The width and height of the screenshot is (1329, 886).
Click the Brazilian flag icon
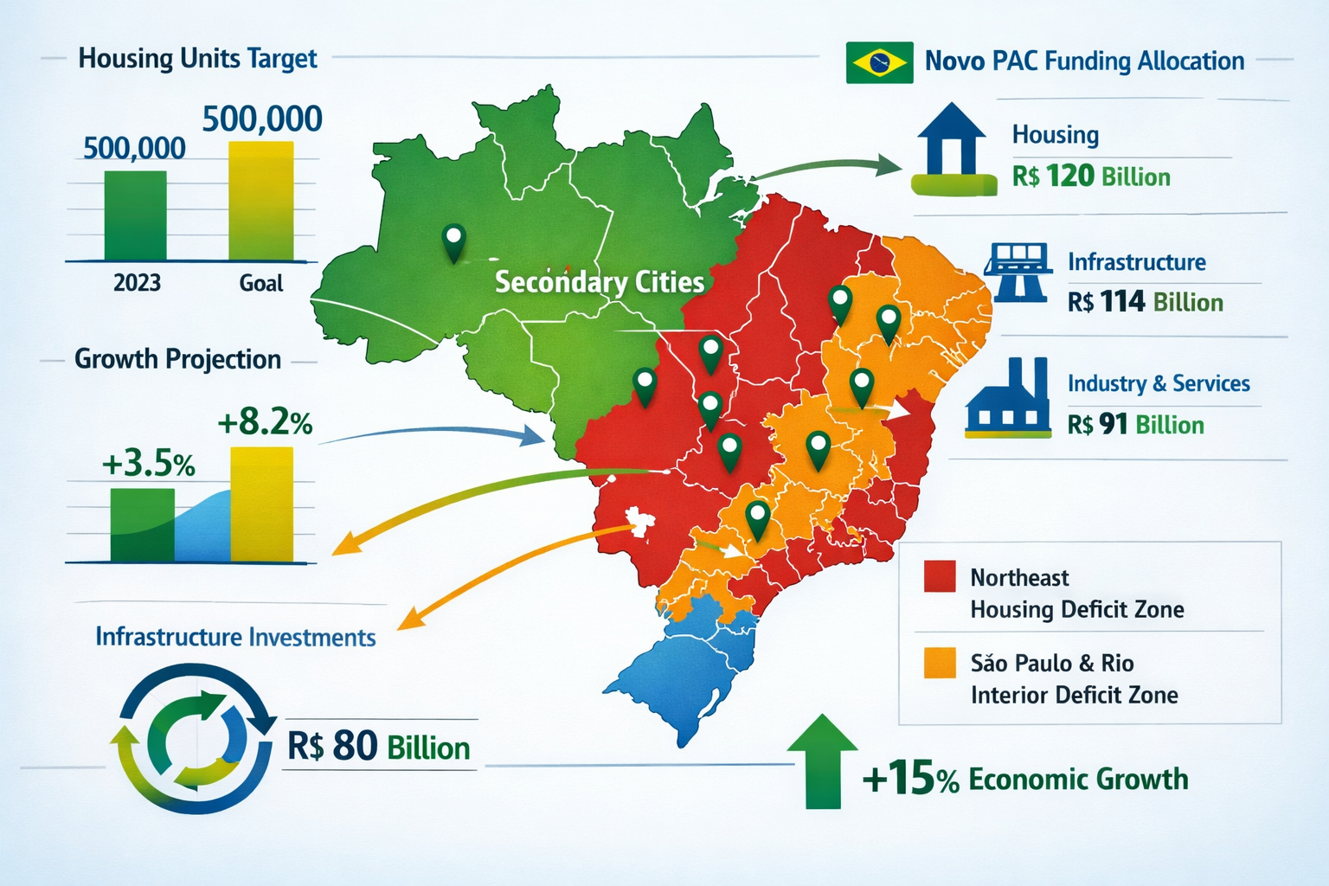(x=879, y=62)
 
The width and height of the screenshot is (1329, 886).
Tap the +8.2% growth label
(x=265, y=423)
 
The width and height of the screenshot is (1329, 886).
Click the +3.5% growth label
(x=148, y=465)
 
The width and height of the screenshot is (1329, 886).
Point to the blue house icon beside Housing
(x=952, y=147)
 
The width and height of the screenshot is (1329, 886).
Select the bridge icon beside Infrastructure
(x=1018, y=272)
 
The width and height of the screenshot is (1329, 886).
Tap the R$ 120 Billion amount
(x=1091, y=177)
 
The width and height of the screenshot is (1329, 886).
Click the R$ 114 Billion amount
(x=1145, y=302)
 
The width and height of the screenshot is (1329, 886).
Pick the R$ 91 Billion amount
(x=1135, y=425)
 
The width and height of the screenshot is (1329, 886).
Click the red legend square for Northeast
(x=940, y=576)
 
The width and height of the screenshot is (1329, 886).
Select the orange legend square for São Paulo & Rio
(x=940, y=663)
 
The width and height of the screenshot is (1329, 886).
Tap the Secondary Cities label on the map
(x=599, y=282)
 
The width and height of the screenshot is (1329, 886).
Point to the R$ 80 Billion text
(x=378, y=747)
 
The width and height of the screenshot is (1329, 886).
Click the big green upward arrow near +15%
(x=822, y=761)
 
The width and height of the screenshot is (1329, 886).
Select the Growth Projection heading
(x=177, y=359)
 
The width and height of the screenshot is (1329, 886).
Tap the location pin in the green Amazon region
(x=453, y=241)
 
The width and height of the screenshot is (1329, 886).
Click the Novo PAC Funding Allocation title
(x=1084, y=61)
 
